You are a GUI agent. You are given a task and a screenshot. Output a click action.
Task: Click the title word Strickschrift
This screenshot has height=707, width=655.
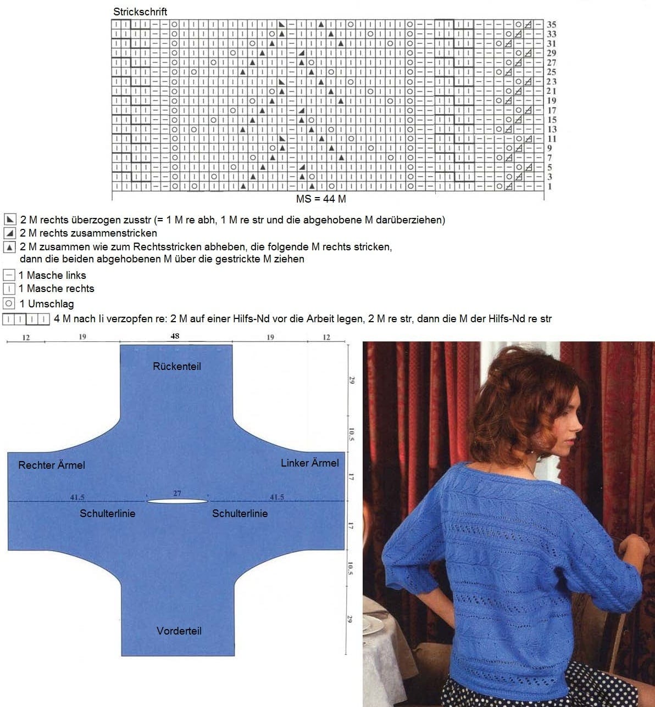[x=140, y=12]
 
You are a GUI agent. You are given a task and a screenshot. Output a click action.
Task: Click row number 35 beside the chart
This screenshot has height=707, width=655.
[x=551, y=25]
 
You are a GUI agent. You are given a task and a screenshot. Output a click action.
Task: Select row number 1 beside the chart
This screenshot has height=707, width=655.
[x=550, y=186]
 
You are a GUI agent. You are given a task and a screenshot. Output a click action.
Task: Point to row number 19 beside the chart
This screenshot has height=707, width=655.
[x=551, y=101]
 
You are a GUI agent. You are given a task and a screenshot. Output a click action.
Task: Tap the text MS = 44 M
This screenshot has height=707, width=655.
[x=321, y=199]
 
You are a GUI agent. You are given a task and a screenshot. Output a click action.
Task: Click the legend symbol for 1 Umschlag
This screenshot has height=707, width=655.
[x=9, y=304]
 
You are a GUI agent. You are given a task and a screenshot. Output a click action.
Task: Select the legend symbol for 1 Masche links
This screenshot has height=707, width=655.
[x=9, y=275]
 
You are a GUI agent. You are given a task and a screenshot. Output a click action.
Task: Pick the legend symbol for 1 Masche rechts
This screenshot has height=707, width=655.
[x=9, y=288]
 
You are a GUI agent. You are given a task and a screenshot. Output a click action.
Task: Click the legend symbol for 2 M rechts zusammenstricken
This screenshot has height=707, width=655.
[x=10, y=233]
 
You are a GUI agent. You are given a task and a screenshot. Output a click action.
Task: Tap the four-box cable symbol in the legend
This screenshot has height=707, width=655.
[x=26, y=319]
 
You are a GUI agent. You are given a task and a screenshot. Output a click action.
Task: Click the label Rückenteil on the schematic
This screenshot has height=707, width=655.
[x=177, y=366]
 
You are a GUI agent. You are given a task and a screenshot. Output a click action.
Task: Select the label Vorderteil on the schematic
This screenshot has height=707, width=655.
[x=179, y=631]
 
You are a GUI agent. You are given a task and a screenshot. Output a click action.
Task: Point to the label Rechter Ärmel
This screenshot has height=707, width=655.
[x=52, y=465]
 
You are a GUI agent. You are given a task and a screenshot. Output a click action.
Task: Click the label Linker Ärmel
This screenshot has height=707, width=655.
[x=310, y=463]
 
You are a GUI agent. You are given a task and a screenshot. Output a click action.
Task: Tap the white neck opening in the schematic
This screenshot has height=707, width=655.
[x=177, y=501]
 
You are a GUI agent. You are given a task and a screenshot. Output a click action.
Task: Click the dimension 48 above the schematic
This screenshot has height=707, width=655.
[x=175, y=336]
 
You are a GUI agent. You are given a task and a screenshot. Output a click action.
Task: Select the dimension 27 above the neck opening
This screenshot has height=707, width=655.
[x=177, y=493]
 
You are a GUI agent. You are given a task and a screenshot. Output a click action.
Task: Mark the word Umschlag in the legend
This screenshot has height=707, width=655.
[x=51, y=304]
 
